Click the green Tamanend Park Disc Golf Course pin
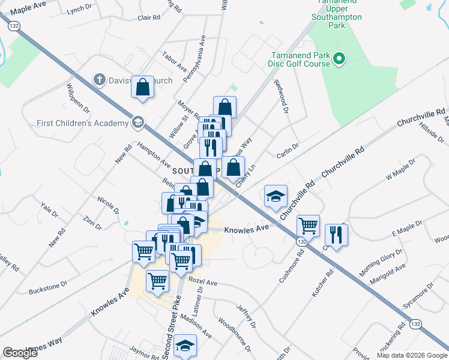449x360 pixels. point(339,58)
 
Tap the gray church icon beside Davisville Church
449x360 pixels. point(100,79)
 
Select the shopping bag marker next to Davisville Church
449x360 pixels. point(143,88)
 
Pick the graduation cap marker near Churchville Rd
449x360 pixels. point(276,196)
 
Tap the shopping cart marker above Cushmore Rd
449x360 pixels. point(308,226)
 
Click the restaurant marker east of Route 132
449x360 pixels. point(335,235)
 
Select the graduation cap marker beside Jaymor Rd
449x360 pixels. point(185,346)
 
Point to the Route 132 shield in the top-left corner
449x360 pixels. point(14,25)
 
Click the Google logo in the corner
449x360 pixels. point(20,353)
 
